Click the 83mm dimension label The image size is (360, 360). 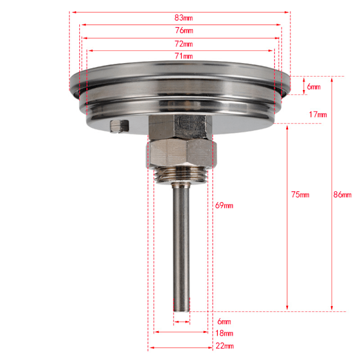184,17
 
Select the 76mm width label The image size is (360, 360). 184,31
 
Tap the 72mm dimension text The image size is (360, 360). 184,44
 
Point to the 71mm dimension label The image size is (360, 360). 184,56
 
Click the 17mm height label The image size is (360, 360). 318,115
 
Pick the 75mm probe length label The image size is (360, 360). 301,194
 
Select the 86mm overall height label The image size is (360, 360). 343,194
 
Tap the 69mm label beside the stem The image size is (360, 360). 224,205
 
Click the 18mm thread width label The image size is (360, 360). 224,333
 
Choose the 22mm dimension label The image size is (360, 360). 224,346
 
